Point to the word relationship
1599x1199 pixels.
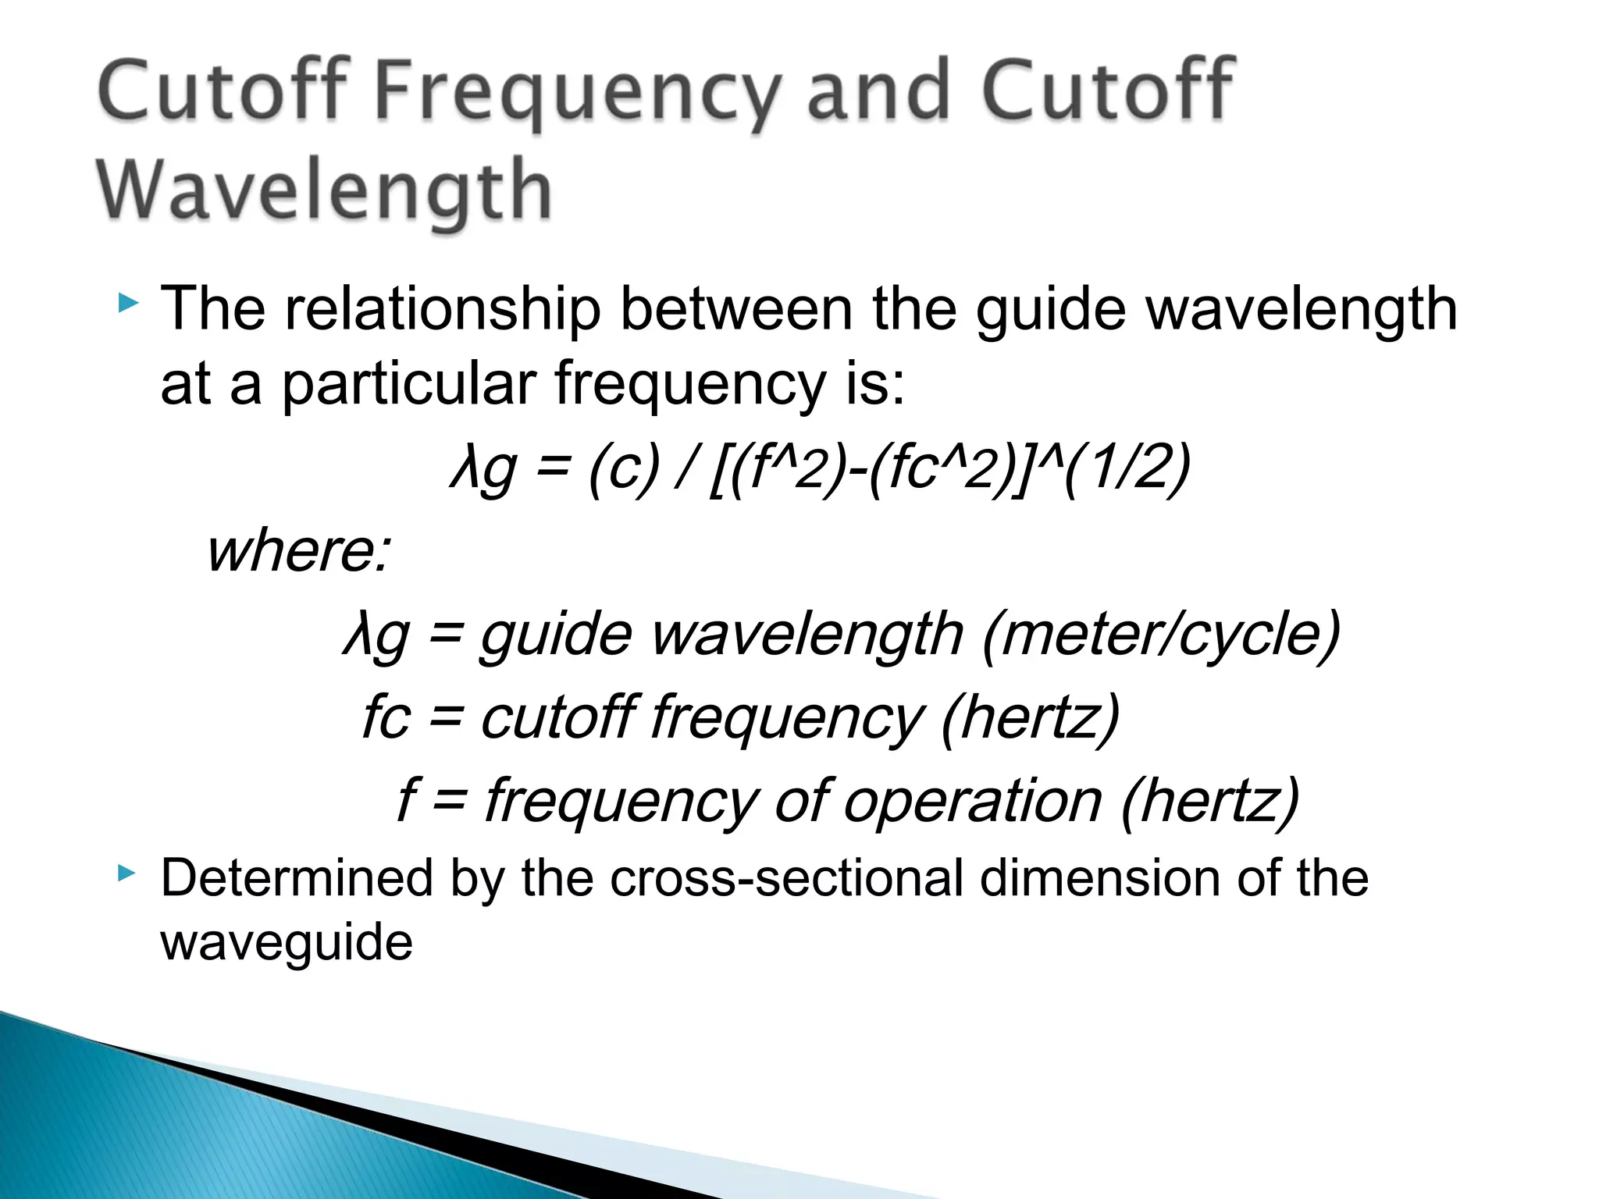tap(443, 310)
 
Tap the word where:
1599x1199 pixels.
tap(298, 551)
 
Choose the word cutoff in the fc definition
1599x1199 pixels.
tap(557, 717)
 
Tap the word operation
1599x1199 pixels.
tap(973, 801)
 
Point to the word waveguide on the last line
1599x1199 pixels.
tap(287, 943)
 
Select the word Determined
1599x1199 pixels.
tap(297, 879)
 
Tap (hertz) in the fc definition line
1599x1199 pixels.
tap(1031, 717)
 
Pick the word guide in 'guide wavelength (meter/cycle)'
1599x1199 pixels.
tap(556, 635)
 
